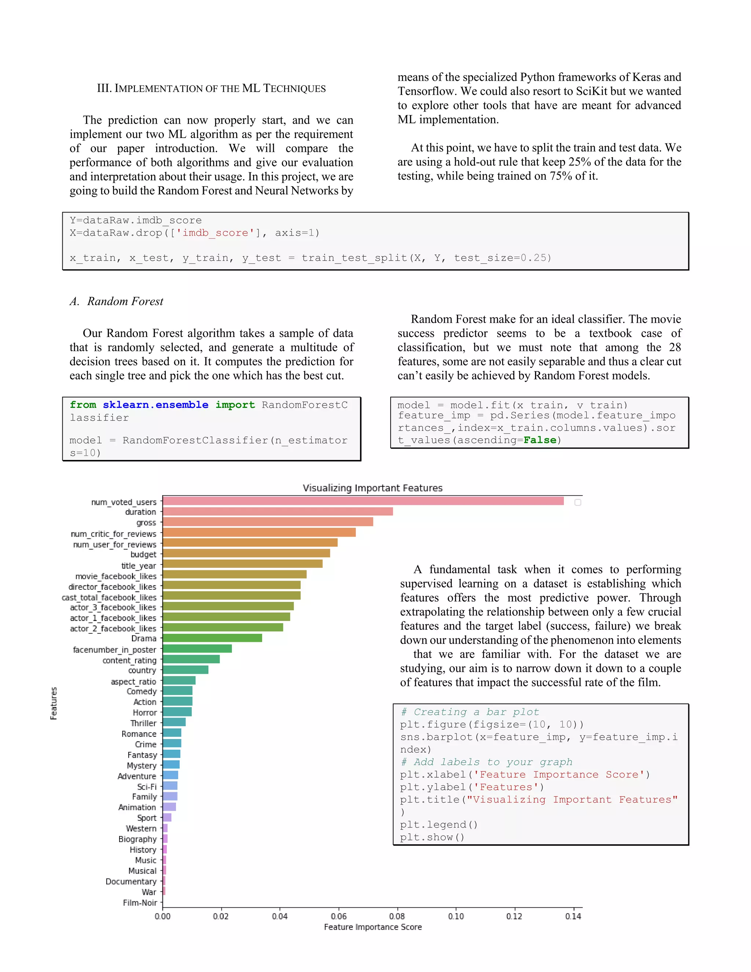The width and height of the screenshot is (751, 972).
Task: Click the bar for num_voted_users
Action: click(363, 501)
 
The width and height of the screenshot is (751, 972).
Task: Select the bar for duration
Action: click(278, 512)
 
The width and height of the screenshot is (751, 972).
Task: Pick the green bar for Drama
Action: click(212, 638)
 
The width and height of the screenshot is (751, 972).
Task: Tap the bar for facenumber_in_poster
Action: click(197, 649)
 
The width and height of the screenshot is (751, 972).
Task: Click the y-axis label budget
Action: click(143, 555)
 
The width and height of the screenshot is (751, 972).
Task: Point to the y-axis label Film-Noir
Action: click(140, 903)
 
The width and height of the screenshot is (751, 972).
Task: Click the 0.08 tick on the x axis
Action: click(397, 916)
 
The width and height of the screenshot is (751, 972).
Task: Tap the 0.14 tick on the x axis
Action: click(573, 916)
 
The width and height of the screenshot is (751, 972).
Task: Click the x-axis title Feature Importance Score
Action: click(373, 927)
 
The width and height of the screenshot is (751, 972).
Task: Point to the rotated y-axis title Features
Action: click(54, 703)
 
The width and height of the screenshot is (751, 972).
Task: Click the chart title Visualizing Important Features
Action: click(373, 488)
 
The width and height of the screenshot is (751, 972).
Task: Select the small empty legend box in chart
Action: click(578, 503)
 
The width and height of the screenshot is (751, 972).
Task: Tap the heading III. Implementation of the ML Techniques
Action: click(211, 88)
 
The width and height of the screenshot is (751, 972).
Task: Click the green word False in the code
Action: click(540, 440)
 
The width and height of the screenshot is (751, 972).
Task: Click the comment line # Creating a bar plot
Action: click(470, 712)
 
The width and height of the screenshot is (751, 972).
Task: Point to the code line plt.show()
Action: click(432, 837)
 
